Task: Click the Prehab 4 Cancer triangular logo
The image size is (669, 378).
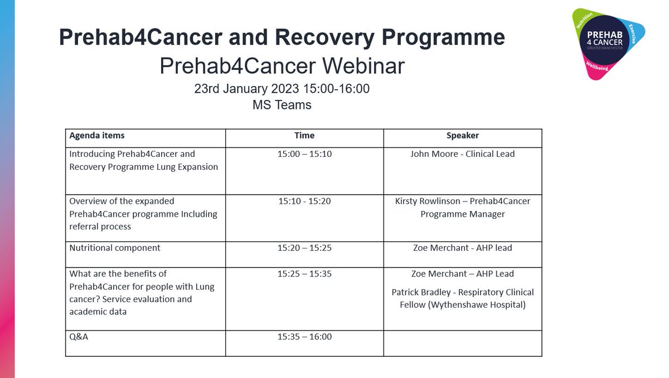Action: coord(608,43)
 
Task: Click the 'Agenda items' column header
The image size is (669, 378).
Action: coord(97,136)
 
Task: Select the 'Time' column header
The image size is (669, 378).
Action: coord(304,136)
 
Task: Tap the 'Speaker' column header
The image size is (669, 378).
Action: coord(462,136)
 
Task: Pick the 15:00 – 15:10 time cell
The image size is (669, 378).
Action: coord(304,154)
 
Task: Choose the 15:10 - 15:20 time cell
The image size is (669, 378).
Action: coord(304,202)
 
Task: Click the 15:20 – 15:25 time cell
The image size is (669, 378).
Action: coord(304,248)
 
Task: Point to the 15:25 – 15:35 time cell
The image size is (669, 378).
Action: coord(304,274)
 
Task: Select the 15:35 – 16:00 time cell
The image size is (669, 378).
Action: coord(304,337)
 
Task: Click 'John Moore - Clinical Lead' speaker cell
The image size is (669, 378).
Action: coord(462,154)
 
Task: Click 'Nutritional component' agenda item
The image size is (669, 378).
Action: coord(115,248)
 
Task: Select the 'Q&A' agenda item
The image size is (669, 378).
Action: coord(79,337)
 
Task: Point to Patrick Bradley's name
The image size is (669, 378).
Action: coord(420,293)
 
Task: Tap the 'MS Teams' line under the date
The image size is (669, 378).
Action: coord(282,105)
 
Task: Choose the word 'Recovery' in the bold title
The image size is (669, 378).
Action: coord(334,38)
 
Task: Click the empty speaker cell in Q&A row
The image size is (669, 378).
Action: coord(462,343)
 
